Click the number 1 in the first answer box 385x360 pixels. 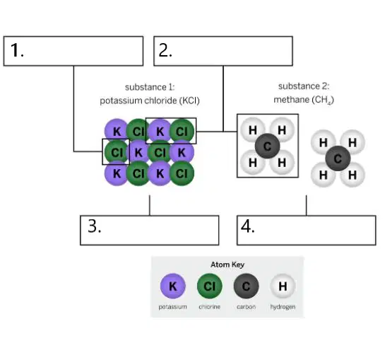click(x=17, y=50)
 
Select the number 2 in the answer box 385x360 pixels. click(x=165, y=50)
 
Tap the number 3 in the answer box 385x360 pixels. click(x=95, y=226)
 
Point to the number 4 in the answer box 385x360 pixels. click(x=248, y=226)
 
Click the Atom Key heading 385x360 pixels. click(x=227, y=265)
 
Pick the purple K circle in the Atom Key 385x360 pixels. click(x=173, y=286)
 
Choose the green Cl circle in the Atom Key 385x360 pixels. click(x=209, y=286)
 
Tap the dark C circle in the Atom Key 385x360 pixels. click(x=246, y=286)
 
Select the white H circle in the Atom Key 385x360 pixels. click(x=283, y=286)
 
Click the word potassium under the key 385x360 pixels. click(x=172, y=307)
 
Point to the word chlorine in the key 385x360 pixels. click(x=209, y=307)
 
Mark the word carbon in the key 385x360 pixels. click(x=246, y=307)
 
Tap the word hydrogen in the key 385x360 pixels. click(x=283, y=307)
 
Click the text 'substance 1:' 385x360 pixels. click(x=150, y=87)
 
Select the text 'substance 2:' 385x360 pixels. click(x=304, y=86)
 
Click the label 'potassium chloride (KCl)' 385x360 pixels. click(x=150, y=100)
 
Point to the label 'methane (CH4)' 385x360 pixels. click(x=304, y=100)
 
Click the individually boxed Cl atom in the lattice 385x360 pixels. click(x=116, y=152)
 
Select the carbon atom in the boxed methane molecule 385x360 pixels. click(x=268, y=146)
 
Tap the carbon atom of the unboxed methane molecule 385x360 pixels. click(x=338, y=158)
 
